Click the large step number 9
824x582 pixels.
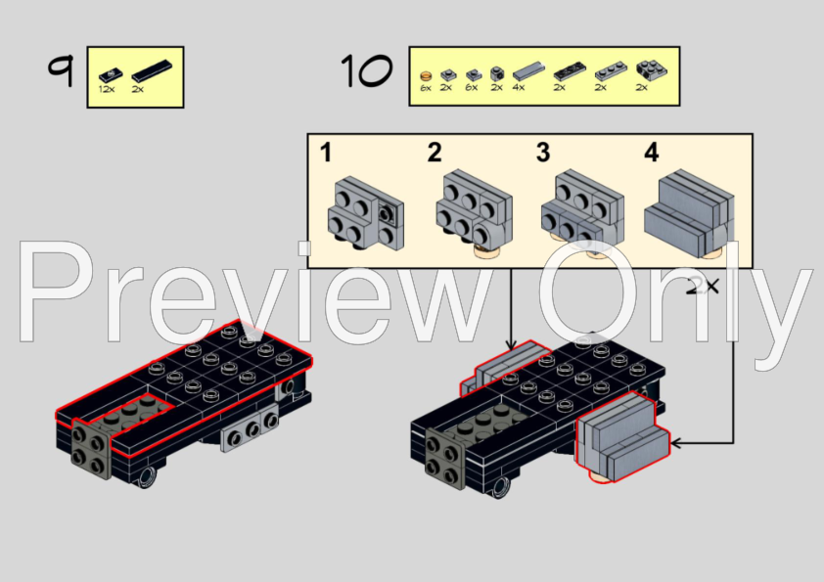61,70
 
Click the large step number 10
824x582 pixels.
366,70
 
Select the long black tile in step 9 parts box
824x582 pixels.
151,70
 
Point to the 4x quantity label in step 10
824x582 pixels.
518,88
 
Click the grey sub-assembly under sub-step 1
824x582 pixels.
365,210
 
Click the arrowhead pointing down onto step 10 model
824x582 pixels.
510,343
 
